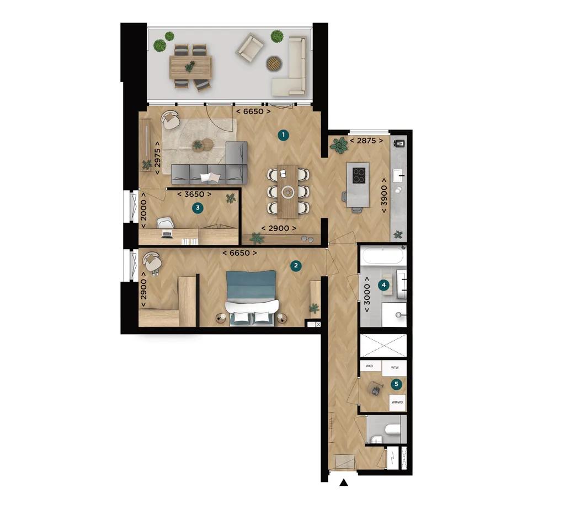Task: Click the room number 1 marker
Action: pos(282,135)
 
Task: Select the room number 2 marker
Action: pos(297,266)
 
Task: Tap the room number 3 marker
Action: pos(198,208)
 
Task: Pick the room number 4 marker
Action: pos(383,285)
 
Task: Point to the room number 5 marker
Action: pos(395,383)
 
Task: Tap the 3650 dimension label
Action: pos(194,194)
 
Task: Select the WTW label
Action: pos(395,367)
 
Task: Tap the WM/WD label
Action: pos(397,402)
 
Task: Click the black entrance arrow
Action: pos(344,483)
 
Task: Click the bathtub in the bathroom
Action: pos(384,256)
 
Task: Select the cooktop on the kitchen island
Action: pos(359,175)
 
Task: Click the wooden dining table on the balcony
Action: pos(191,68)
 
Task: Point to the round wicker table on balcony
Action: pos(274,63)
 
